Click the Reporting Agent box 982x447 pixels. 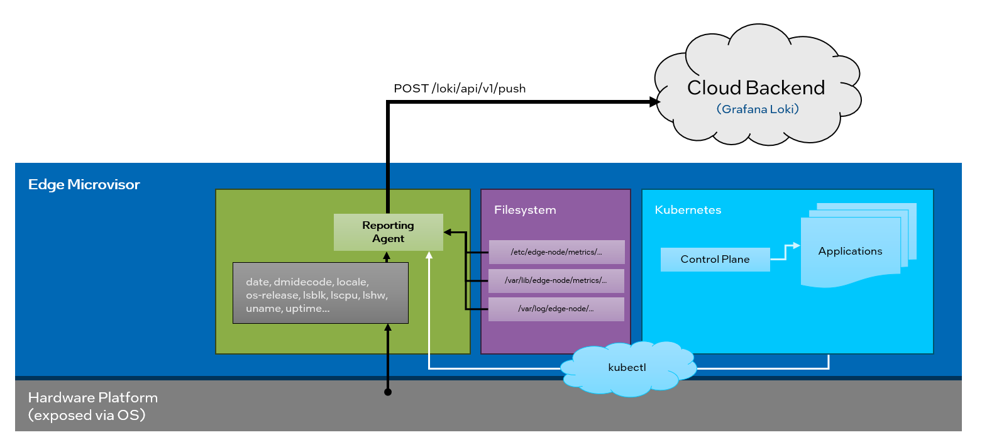pyautogui.click(x=388, y=232)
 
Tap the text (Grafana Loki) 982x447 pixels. pyautogui.click(x=757, y=109)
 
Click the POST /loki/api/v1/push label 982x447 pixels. pyautogui.click(x=460, y=89)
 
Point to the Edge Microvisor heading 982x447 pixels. pyautogui.click(x=84, y=184)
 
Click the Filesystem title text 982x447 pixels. pyautogui.click(x=525, y=210)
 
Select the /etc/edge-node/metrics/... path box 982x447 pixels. pyautogui.click(x=556, y=252)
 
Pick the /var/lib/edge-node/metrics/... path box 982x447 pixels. pyautogui.click(x=556, y=280)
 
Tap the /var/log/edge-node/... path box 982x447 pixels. pyautogui.click(x=556, y=309)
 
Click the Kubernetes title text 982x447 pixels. pyautogui.click(x=688, y=210)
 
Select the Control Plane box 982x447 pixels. pyautogui.click(x=715, y=260)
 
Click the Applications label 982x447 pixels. pyautogui.click(x=850, y=251)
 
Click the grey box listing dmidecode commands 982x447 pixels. pyautogui.click(x=320, y=293)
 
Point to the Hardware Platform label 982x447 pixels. pyautogui.click(x=93, y=398)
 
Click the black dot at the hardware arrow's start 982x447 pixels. pyautogui.click(x=388, y=392)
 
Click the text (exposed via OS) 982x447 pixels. pyautogui.click(x=87, y=416)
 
